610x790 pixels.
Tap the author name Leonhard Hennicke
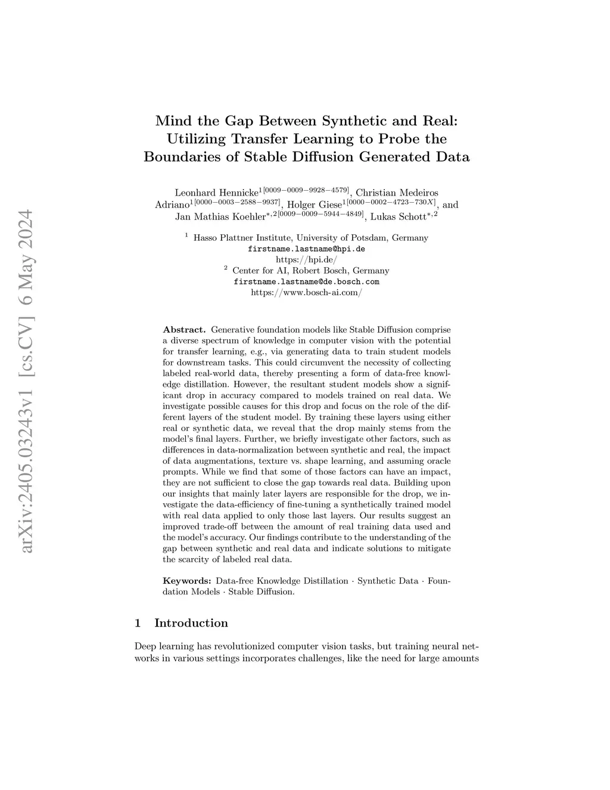pos(216,193)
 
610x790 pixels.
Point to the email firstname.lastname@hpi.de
pos(306,249)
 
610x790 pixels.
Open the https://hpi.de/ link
pos(306,259)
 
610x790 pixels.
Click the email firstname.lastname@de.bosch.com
pos(306,281)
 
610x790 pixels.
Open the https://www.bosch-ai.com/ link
pos(306,292)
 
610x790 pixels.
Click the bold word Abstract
pos(184,330)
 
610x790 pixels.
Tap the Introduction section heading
pos(191,623)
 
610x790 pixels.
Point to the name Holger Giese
pos(315,205)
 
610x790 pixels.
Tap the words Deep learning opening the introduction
pos(156,646)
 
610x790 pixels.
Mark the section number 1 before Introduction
pos(138,623)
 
